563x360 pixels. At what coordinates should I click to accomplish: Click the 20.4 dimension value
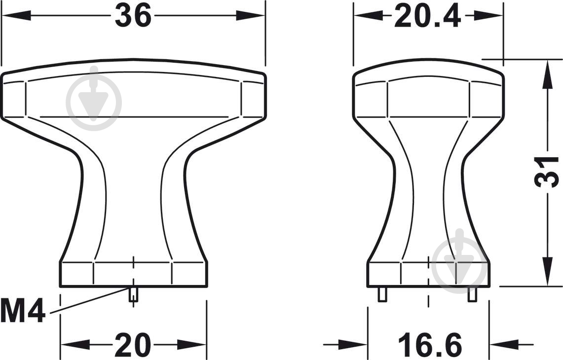click(427, 16)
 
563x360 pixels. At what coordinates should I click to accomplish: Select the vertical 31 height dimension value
click(547, 173)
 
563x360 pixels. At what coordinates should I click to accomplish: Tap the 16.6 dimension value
click(430, 345)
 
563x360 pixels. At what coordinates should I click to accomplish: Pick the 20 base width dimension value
click(133, 345)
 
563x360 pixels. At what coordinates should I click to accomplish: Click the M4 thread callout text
click(23, 311)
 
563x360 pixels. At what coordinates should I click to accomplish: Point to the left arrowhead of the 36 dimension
click(16, 15)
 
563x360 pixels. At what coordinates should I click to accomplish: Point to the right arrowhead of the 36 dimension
click(250, 15)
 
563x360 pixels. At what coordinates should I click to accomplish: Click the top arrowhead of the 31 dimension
click(547, 74)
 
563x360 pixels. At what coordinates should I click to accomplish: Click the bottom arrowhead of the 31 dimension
click(547, 272)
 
